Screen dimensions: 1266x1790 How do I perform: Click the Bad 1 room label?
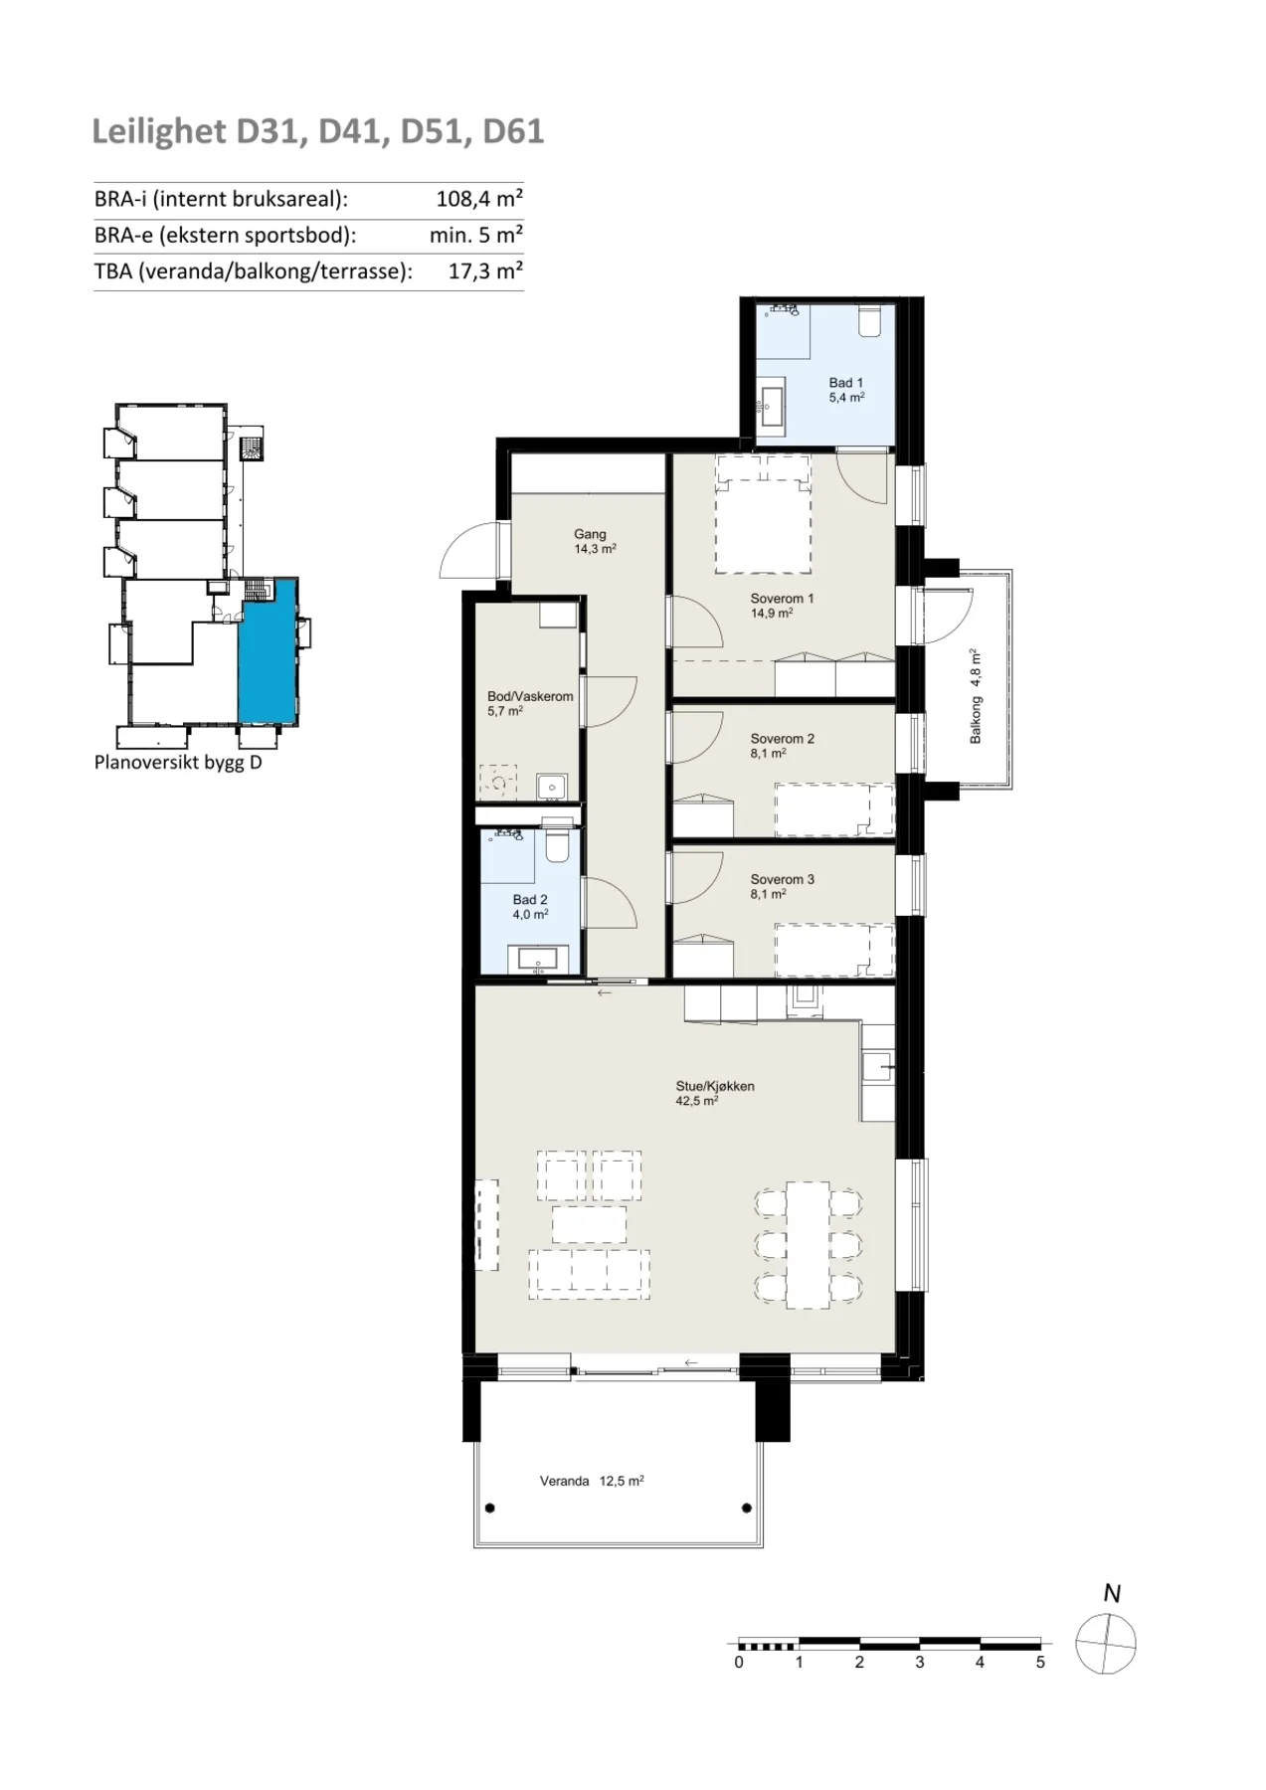(846, 390)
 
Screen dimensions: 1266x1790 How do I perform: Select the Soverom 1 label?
(782, 606)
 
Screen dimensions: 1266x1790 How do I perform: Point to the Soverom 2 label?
(782, 746)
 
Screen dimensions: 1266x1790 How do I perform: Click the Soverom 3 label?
(782, 886)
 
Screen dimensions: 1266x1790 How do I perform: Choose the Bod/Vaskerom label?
(530, 703)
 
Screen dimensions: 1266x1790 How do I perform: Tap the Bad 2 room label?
(530, 907)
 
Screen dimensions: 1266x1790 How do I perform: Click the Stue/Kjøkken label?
(715, 1093)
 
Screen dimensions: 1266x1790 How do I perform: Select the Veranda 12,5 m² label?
(592, 1481)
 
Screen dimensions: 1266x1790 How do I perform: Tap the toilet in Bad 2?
(558, 844)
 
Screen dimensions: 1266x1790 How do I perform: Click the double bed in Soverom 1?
(764, 513)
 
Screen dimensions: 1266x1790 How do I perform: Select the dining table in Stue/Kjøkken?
(809, 1245)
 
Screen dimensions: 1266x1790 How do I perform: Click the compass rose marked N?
(1106, 1644)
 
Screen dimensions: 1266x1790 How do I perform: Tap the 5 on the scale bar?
(1040, 1662)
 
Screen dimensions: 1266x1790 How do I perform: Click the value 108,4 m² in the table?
(479, 199)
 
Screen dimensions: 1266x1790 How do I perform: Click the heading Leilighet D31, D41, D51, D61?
(318, 131)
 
